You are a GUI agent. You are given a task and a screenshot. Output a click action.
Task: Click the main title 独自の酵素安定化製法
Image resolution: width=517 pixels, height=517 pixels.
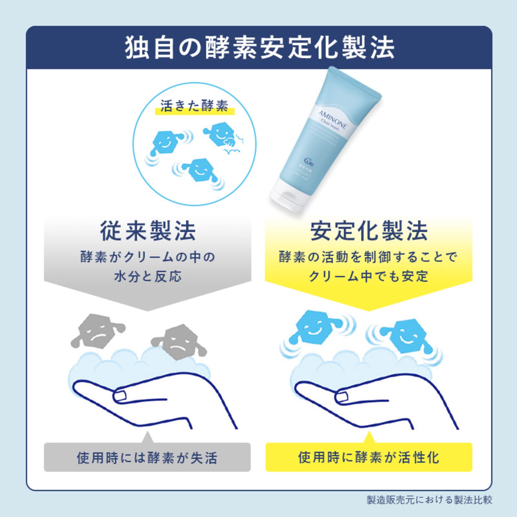259,48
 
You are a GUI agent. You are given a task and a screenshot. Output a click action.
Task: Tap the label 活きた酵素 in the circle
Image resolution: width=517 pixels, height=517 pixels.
194,106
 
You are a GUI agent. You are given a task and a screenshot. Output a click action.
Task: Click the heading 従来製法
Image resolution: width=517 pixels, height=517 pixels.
148,231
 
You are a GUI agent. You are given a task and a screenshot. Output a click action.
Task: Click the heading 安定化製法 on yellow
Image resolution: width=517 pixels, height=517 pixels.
369,231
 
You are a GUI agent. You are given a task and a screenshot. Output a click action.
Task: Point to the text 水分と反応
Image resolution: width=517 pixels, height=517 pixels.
148,276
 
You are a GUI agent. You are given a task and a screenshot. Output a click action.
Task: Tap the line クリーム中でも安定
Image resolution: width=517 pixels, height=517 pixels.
369,276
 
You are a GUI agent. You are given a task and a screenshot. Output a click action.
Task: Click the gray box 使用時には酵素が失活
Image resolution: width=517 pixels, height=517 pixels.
147,458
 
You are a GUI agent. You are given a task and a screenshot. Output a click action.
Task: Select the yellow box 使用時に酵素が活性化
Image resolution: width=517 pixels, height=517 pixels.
369,458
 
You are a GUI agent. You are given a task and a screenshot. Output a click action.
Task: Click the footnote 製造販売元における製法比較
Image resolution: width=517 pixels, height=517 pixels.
429,500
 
